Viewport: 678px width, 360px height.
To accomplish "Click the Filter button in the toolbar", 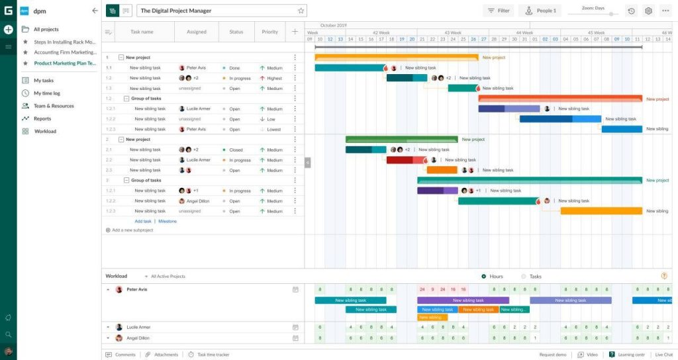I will coord(498,11).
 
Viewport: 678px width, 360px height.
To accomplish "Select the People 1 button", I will coord(539,11).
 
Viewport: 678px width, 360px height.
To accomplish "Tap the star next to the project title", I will coord(301,11).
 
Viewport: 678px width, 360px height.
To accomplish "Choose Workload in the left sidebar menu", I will coord(45,131).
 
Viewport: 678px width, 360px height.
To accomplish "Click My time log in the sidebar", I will coord(46,93).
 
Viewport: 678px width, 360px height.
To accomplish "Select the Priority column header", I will coord(269,32).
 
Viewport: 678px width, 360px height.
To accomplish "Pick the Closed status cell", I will coord(235,150).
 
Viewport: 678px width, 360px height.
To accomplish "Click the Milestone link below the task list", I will coord(168,221).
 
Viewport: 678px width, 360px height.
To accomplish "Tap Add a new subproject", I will coord(132,230).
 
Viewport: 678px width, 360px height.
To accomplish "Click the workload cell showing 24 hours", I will coord(422,289).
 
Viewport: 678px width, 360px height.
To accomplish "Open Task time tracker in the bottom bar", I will coord(213,355).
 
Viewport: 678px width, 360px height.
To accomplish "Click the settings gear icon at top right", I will coord(648,11).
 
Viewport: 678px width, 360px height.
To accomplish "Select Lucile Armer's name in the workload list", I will coord(138,327).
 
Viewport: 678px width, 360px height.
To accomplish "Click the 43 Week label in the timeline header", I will coord(453,32).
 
